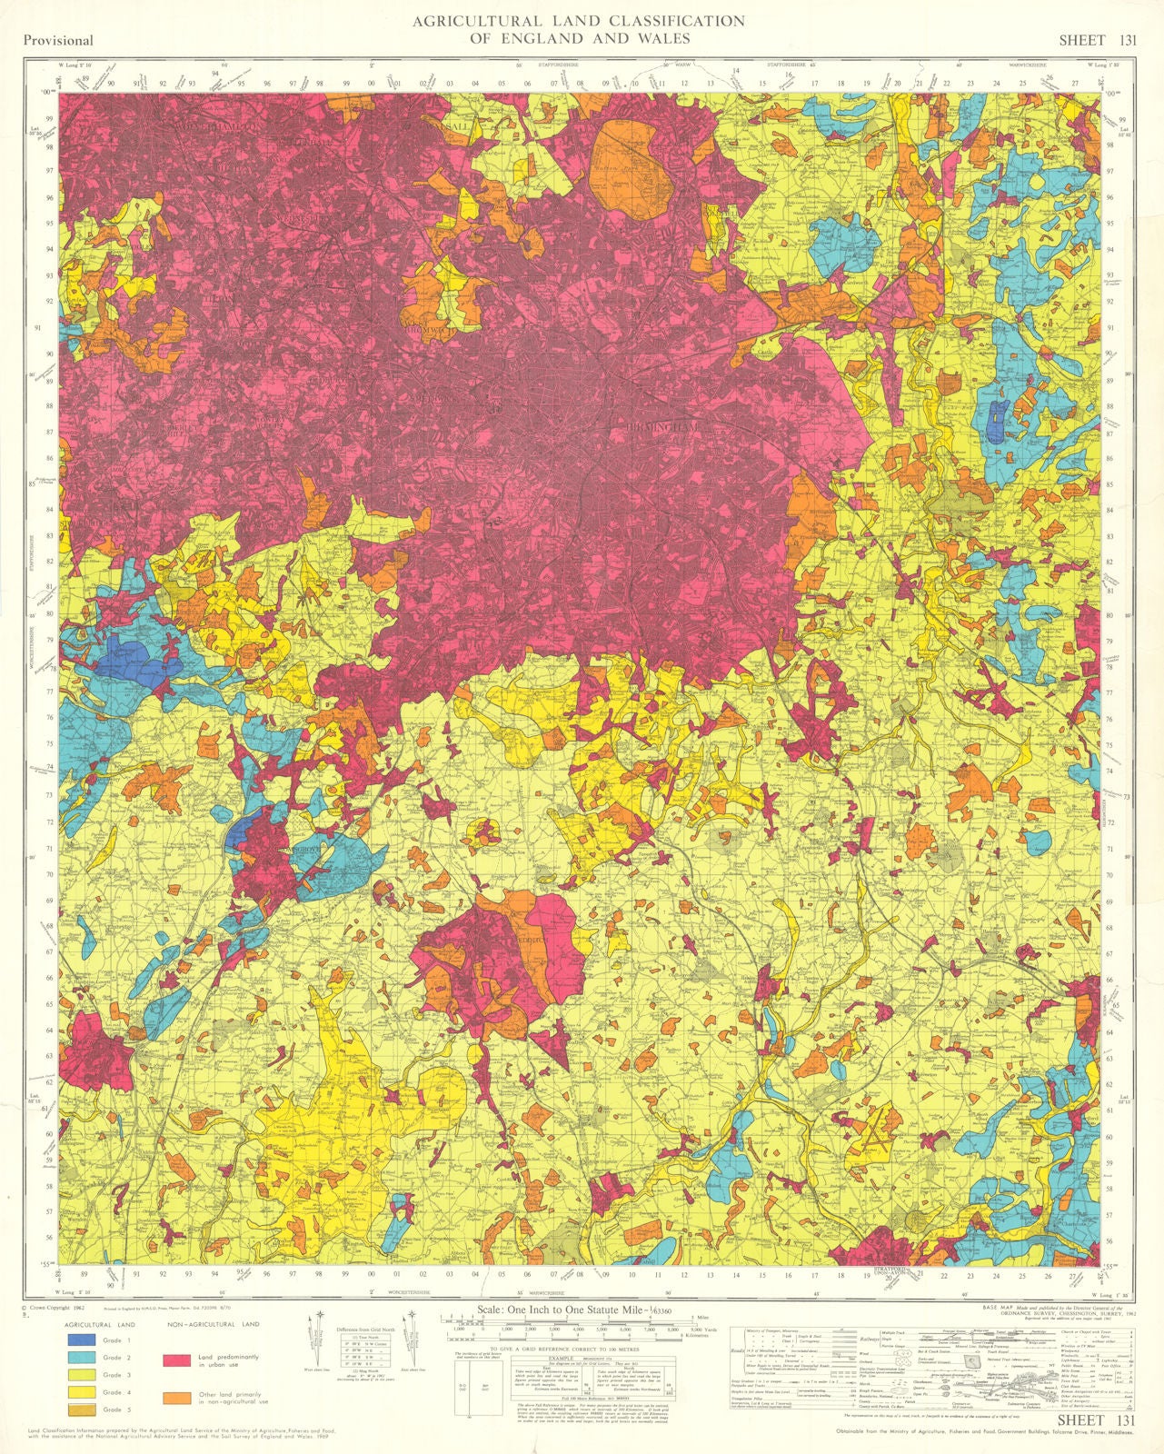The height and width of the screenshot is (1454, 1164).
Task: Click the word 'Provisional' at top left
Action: (x=59, y=40)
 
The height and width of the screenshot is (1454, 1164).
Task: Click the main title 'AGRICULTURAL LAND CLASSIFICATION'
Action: (x=579, y=21)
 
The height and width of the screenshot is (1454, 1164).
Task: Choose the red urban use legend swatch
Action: (x=176, y=1359)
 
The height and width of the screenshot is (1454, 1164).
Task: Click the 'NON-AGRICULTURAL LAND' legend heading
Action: (x=213, y=1324)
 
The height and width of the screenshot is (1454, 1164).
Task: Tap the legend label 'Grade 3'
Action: (x=111, y=1375)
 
